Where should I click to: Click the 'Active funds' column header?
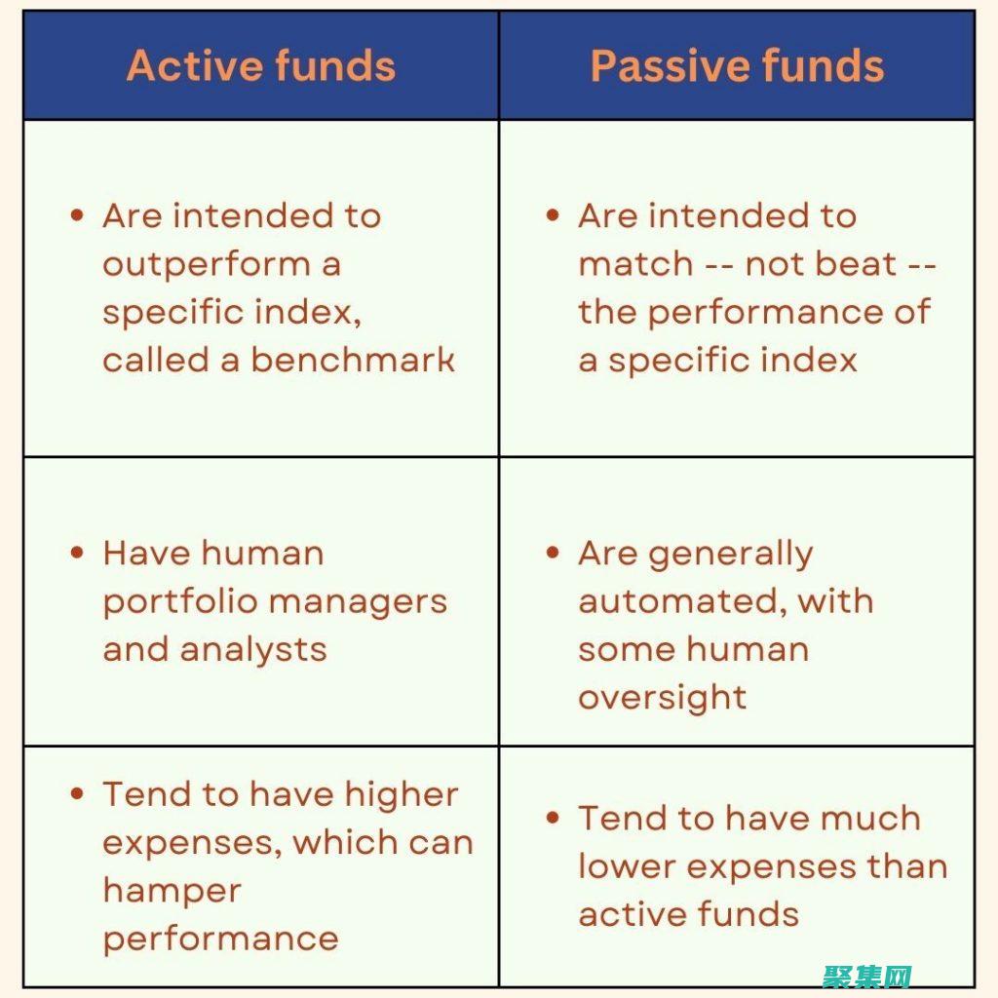coord(261,66)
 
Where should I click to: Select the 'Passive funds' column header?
coord(737,66)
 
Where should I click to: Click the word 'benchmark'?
coord(353,360)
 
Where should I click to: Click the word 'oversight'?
coord(663,697)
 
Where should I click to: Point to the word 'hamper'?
coord(172,890)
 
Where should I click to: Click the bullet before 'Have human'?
coord(78,553)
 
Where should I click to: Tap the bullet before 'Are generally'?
coord(554,553)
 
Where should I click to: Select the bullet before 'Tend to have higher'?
coord(78,793)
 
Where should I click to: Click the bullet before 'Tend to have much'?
coord(554,817)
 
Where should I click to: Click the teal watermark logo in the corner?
coord(867,976)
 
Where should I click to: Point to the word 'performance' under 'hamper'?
coord(220,938)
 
